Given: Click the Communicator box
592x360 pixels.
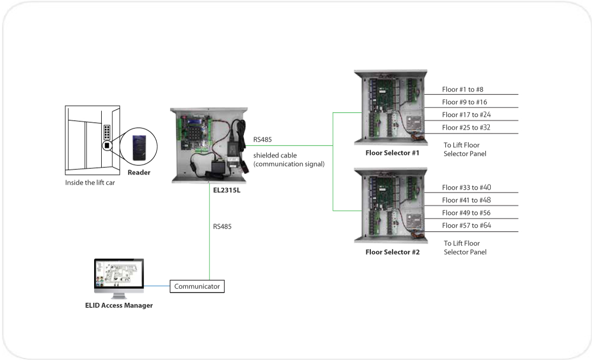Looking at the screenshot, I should pyautogui.click(x=197, y=286).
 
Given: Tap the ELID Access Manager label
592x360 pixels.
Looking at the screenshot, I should pyautogui.click(x=119, y=305).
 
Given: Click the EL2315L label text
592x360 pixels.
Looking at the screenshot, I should pyautogui.click(x=226, y=191).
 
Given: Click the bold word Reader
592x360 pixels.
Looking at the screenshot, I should pyautogui.click(x=139, y=172).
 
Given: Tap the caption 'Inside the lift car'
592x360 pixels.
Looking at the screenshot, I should pyautogui.click(x=90, y=183).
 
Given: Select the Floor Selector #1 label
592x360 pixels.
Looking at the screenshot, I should pyautogui.click(x=393, y=152).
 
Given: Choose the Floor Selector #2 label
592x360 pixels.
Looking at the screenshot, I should pyautogui.click(x=393, y=251).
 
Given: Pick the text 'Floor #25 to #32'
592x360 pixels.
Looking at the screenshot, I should pyautogui.click(x=466, y=127).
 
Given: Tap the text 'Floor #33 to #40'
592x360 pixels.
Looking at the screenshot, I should pyautogui.click(x=466, y=188).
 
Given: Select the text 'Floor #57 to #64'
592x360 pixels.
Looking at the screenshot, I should pyautogui.click(x=466, y=226).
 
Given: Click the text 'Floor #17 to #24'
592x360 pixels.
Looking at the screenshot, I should pyautogui.click(x=466, y=115).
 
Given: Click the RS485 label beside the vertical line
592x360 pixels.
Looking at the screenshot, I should pyautogui.click(x=222, y=227).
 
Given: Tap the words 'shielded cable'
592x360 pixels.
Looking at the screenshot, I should pyautogui.click(x=275, y=155).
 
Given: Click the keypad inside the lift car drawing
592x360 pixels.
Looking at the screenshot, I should pyautogui.click(x=107, y=132).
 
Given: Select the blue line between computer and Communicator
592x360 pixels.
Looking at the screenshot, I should pyautogui.click(x=156, y=286).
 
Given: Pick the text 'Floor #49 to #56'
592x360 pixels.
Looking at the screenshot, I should pyautogui.click(x=466, y=213).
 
